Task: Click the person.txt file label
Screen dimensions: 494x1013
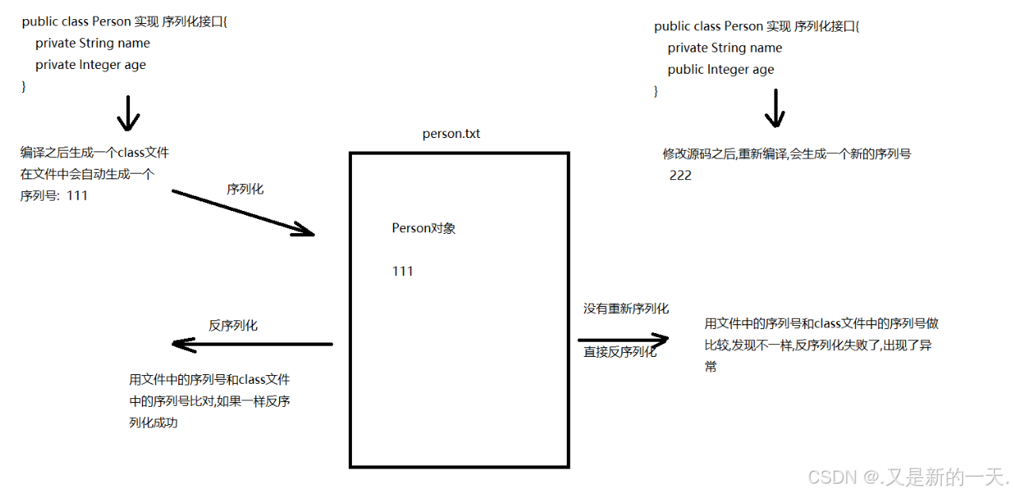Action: pos(451,134)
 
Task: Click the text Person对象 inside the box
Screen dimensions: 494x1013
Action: pos(423,228)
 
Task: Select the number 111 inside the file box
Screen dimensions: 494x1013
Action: pos(403,271)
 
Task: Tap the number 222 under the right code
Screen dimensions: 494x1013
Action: pos(680,175)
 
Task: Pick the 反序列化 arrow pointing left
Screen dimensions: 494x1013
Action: pos(251,344)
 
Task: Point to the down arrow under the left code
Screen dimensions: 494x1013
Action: pos(128,113)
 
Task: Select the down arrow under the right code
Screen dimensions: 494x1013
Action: pos(774,109)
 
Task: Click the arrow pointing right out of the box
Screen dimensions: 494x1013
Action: pos(623,339)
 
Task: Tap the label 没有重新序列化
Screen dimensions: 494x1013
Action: pos(626,308)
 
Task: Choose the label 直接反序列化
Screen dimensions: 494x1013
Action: pos(621,352)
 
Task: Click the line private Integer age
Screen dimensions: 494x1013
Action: pos(90,65)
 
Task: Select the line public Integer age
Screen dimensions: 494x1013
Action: pos(721,70)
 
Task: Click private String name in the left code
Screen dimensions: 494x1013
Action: pos(92,44)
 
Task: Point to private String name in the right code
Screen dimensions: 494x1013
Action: pos(724,48)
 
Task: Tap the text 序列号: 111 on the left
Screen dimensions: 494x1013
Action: pos(54,195)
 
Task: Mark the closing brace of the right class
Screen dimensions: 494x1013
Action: pos(656,91)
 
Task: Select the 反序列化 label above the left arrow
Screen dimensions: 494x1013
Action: pos(233,325)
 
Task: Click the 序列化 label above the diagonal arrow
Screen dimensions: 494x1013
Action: pos(245,189)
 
